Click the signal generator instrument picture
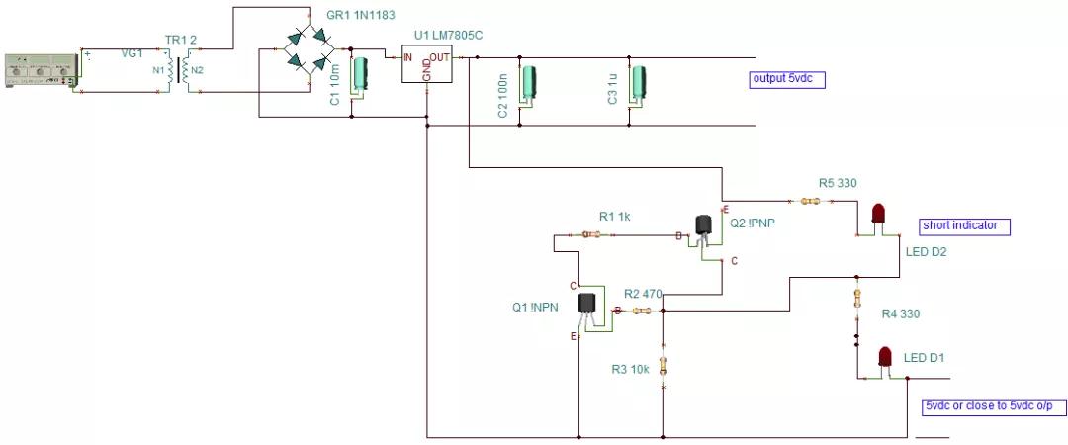(41, 70)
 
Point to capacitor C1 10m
(361, 76)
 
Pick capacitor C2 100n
(530, 84)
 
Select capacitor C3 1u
(639, 84)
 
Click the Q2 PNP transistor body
(703, 226)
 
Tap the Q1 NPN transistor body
(586, 306)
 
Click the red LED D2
(877, 215)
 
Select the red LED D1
(885, 355)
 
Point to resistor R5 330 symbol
(811, 202)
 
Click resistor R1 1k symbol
(590, 235)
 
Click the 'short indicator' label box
(965, 225)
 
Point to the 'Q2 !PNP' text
(752, 222)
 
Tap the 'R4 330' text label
(901, 314)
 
